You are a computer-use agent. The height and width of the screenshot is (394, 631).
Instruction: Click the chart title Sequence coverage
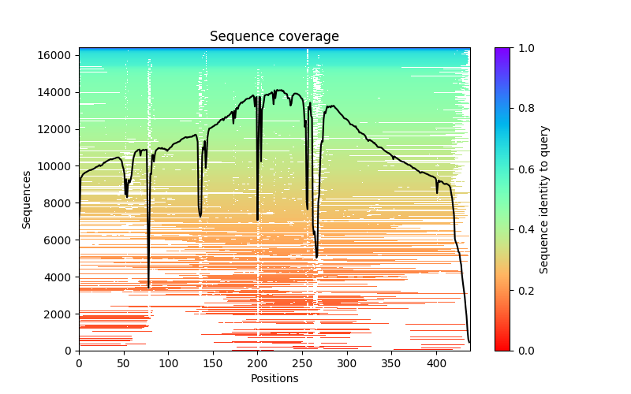274,37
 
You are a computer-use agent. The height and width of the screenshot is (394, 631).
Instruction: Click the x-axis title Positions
274,378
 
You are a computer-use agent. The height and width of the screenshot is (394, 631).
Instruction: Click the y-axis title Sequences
27,199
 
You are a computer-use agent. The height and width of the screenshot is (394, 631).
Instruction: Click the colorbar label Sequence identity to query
544,199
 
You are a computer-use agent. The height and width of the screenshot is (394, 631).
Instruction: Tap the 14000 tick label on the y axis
59,92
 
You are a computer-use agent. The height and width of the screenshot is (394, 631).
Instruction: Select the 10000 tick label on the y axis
59,166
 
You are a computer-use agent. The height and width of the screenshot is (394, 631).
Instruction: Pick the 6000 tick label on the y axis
62,240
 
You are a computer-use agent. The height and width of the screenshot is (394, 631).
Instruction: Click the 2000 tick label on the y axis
62,314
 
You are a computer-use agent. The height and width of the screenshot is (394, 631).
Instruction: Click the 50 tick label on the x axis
124,363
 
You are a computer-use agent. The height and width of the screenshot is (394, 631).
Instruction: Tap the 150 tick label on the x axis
213,363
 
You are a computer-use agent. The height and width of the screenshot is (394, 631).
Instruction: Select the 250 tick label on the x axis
302,363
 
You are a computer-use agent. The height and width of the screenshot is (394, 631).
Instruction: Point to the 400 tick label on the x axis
436,363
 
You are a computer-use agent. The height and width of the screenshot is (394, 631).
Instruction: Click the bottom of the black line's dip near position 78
148,287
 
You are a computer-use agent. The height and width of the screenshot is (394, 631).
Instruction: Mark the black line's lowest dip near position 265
317,258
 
